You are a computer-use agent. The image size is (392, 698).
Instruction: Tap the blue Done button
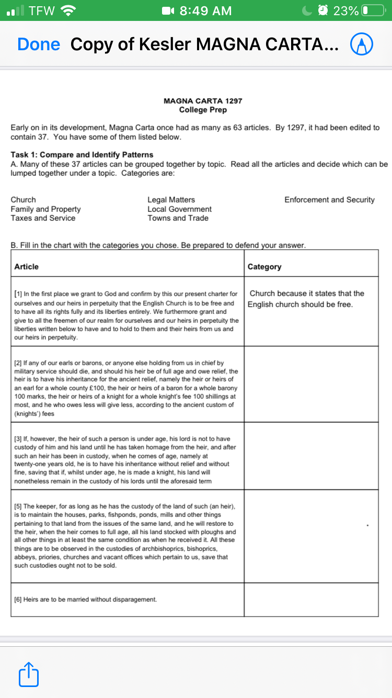pos(38,44)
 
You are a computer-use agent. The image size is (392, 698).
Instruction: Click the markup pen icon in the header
pos(361,44)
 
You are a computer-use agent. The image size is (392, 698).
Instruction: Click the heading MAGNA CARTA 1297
pos(203,100)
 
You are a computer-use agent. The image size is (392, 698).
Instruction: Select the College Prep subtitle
pos(203,110)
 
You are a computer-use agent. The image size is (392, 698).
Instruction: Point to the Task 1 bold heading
pos(82,154)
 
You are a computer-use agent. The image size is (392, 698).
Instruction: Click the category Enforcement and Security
pos(329,200)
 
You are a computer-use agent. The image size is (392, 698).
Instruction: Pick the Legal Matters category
pos(171,200)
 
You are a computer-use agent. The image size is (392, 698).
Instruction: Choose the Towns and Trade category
pos(178,218)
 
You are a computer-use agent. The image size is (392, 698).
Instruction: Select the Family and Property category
pos(45,209)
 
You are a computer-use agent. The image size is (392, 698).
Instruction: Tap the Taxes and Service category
pos(43,218)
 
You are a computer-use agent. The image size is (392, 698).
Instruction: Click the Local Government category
pos(179,209)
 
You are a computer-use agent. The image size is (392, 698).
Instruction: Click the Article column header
pos(27,267)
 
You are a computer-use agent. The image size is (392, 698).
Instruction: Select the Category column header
pos(264,267)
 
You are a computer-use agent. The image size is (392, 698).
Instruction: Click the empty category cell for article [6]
pos(311,599)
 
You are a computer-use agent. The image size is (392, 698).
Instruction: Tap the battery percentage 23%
pos(346,10)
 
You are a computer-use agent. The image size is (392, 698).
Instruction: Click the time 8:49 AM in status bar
pos(205,10)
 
